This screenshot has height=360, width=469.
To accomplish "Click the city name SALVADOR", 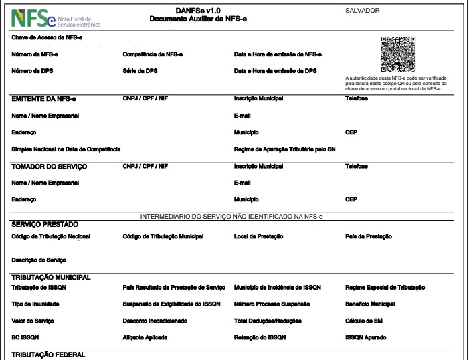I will [x=363, y=11].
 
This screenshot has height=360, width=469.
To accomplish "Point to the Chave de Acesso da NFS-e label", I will [x=47, y=37].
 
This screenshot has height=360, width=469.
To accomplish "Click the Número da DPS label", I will [x=31, y=70].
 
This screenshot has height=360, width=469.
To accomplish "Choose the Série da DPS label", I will [x=140, y=70].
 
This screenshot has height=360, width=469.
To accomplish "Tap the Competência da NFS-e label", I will [x=153, y=54].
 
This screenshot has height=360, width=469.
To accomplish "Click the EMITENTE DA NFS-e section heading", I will [x=44, y=98].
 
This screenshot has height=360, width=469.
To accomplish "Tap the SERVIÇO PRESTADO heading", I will [x=45, y=224].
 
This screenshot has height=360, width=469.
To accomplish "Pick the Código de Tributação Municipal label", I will [x=163, y=236].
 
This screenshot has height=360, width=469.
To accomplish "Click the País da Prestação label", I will [x=368, y=236].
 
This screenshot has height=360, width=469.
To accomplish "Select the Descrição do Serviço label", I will [x=39, y=259].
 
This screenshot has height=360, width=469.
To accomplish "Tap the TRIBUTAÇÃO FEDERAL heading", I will [x=49, y=355].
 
